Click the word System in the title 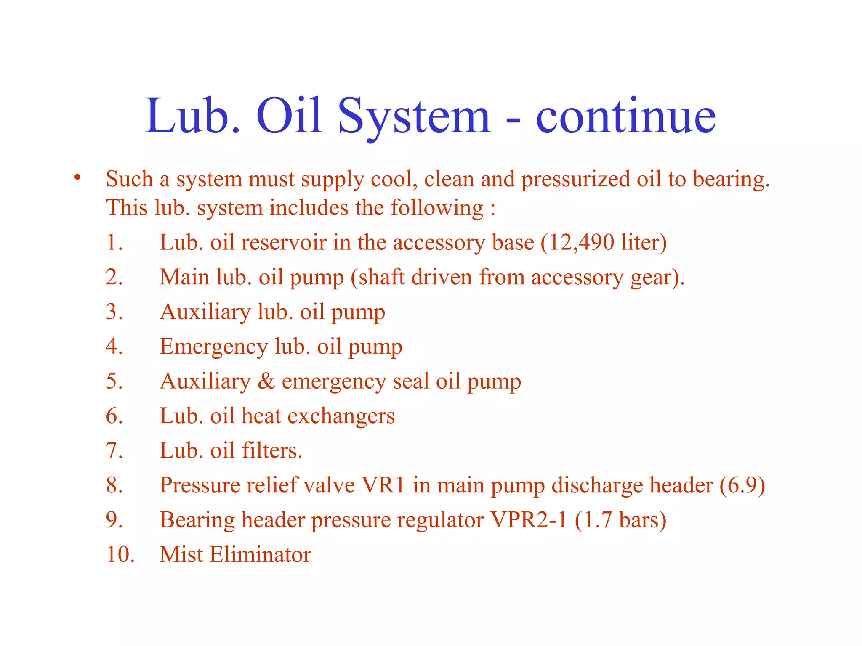(414, 116)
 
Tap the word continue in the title (625, 116)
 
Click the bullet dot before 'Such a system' (77, 177)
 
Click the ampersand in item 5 (266, 381)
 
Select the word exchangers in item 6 (341, 416)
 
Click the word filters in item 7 (271, 450)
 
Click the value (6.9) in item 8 (742, 485)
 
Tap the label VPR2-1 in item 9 (529, 520)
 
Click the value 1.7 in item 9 (598, 520)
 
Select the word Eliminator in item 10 (261, 554)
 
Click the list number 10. (120, 554)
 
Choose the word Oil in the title (289, 116)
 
